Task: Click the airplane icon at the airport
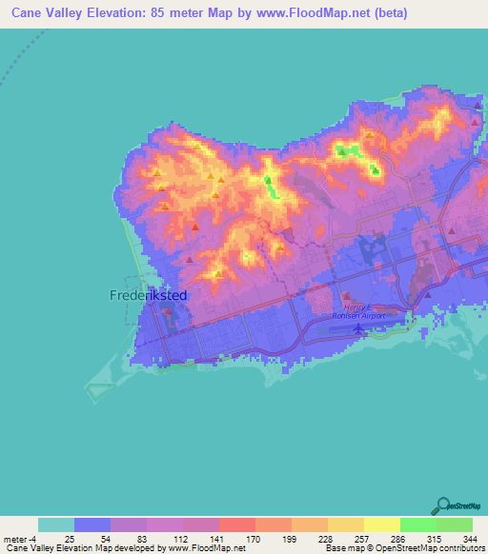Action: point(358,328)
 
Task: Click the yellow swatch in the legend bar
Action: point(381,524)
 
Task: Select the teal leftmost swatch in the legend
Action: point(56,524)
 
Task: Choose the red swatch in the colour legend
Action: point(236,524)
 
